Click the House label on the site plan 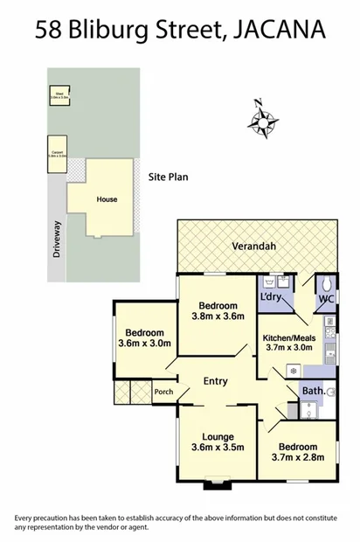(107, 199)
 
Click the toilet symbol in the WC (325, 285)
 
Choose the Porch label (163, 391)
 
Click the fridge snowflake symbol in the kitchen (292, 371)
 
